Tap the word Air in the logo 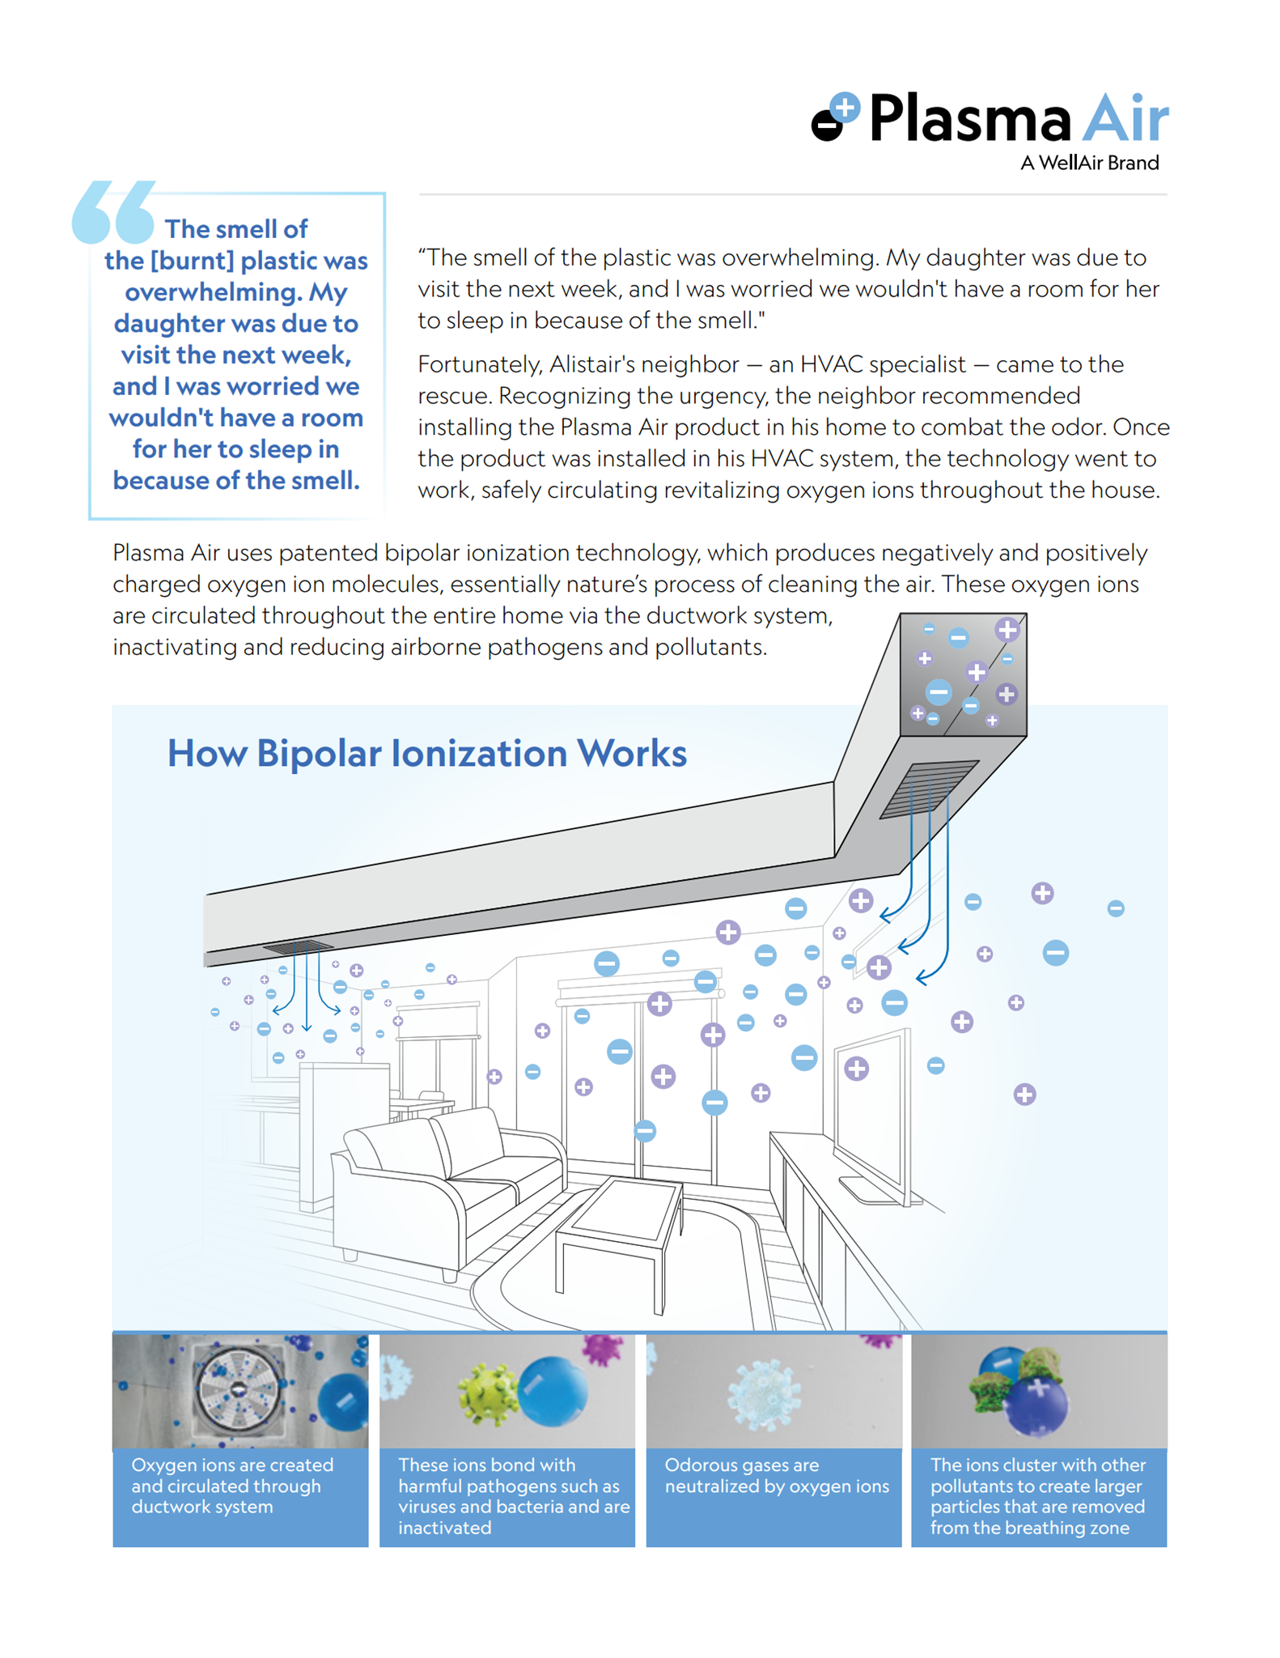click(x=1125, y=118)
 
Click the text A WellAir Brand click(x=1089, y=163)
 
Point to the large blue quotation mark click(x=113, y=211)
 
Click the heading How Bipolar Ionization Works click(x=426, y=753)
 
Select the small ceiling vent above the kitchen click(x=298, y=946)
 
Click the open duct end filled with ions click(x=964, y=674)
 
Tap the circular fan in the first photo click(x=238, y=1388)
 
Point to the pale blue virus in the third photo click(x=765, y=1394)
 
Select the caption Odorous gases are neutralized click(x=777, y=1476)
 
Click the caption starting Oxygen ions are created click(x=232, y=1486)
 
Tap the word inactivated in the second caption click(x=445, y=1528)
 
